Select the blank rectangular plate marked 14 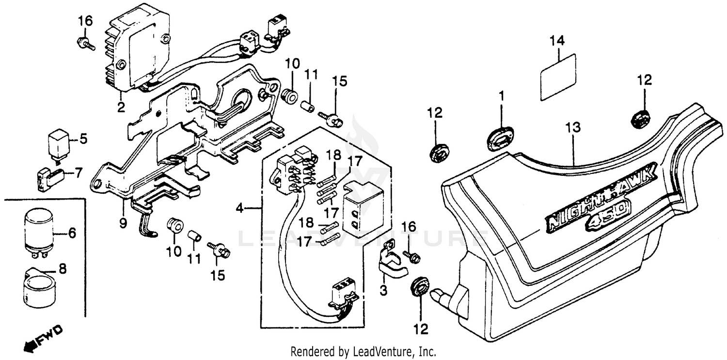[x=558, y=77]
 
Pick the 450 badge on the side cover [x=608, y=216]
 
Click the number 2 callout [x=121, y=106]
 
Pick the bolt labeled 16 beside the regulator [x=85, y=43]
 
